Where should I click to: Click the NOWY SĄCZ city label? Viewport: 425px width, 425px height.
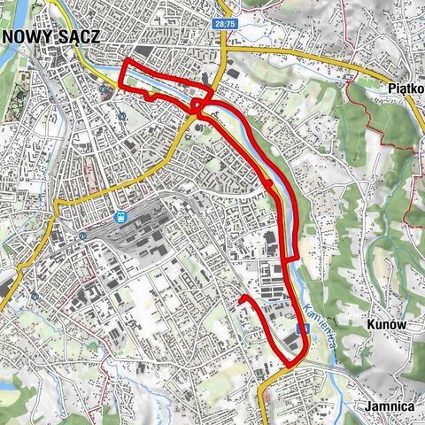pos(50,36)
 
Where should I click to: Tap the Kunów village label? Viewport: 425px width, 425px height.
pos(385,325)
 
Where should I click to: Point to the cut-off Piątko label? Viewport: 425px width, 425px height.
pos(406,88)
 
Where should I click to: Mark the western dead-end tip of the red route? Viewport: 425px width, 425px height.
pos(241,299)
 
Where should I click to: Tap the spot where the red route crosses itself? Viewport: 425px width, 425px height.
pos(200,105)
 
